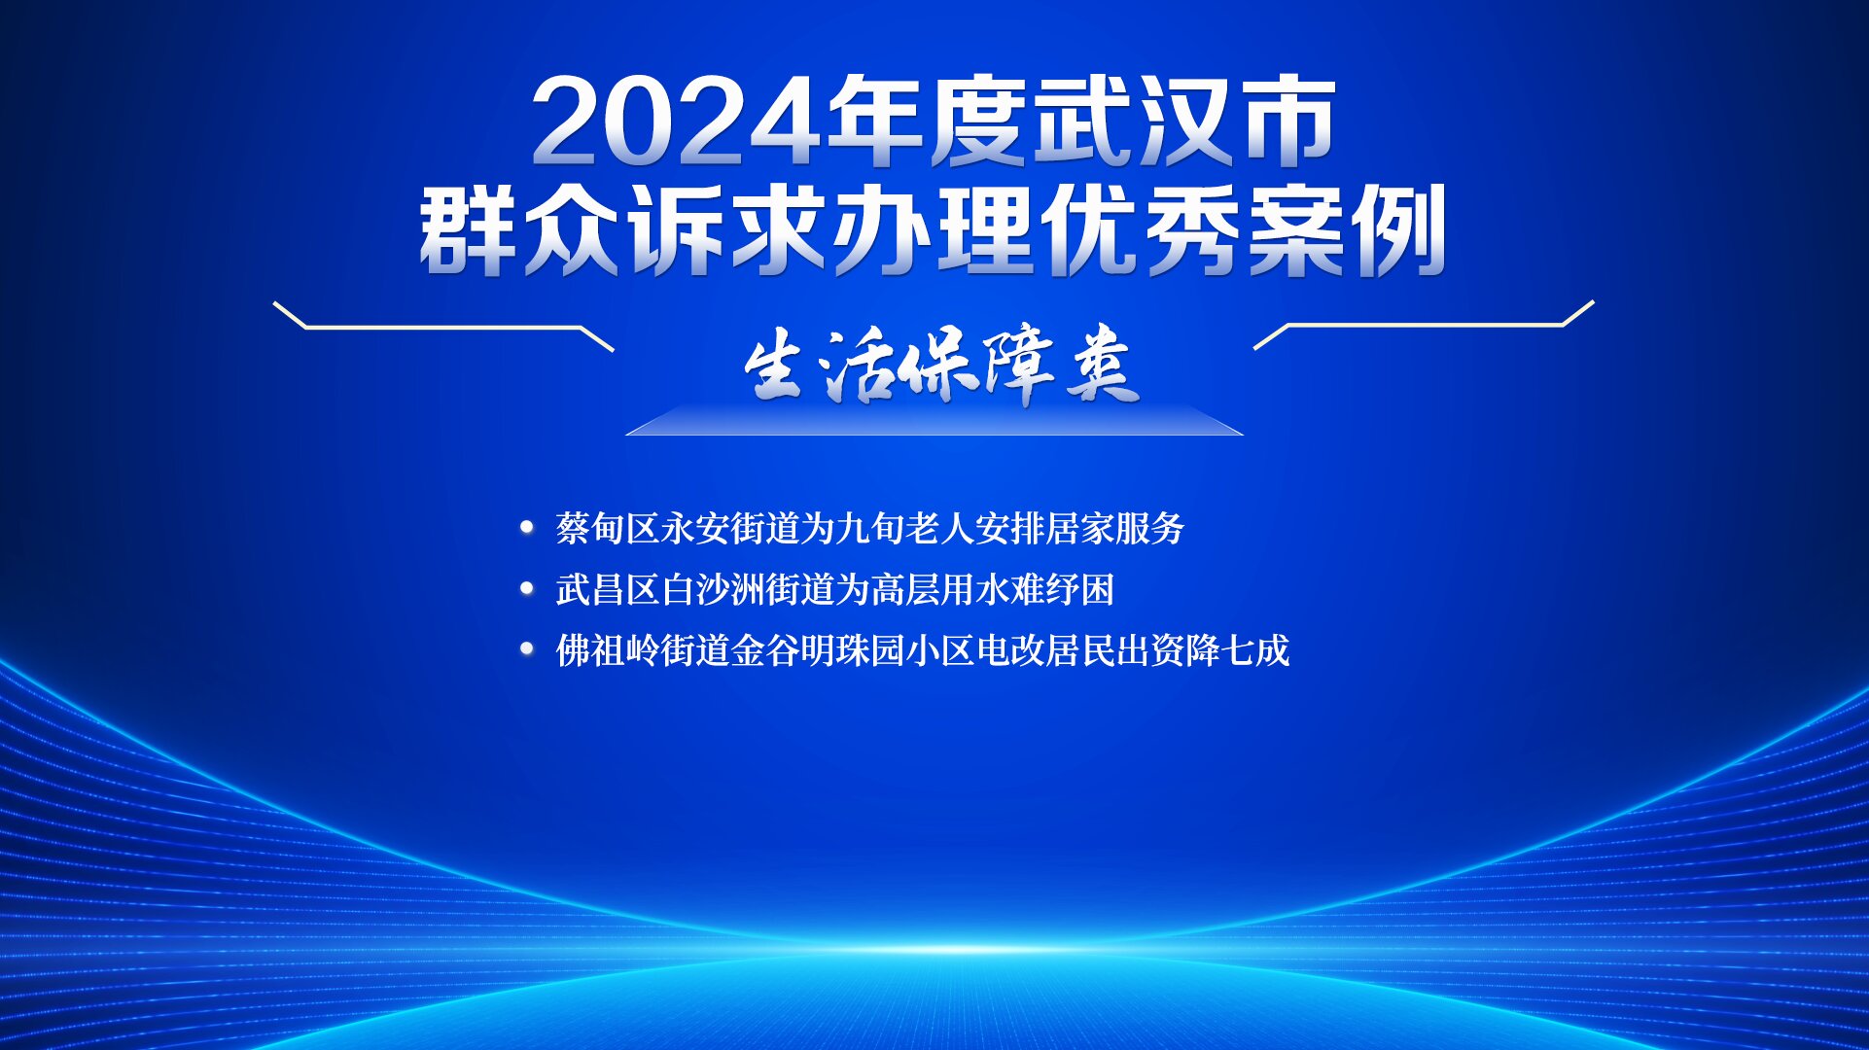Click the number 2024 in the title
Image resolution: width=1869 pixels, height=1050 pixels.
(678, 122)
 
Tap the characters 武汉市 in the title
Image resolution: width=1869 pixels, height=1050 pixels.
(1184, 122)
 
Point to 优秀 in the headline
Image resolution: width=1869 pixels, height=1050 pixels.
(1141, 230)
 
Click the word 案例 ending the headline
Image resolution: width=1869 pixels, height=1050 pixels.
(1347, 230)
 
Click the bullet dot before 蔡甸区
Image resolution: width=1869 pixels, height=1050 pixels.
(527, 528)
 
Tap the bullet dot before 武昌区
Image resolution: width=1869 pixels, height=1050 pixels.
(527, 589)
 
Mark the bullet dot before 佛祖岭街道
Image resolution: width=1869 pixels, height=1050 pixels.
(527, 649)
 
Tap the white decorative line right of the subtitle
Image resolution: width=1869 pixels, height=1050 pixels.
(1424, 325)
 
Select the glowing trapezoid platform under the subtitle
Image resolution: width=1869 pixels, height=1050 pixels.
(934, 420)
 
